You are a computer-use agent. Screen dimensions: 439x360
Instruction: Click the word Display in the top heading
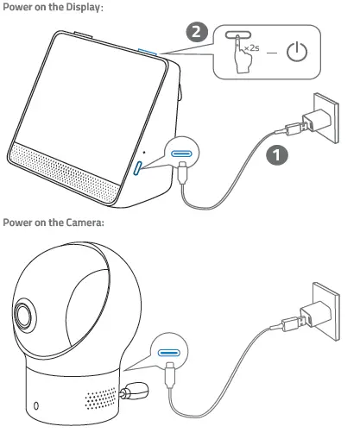pos(81,7)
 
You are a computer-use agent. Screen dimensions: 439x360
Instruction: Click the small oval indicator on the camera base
pos(36,405)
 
